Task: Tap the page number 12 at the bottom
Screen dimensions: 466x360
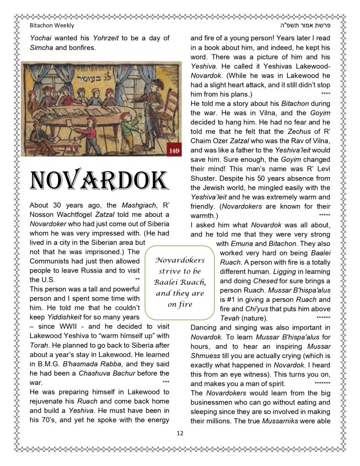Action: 180,433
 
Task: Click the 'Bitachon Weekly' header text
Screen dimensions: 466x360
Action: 52,26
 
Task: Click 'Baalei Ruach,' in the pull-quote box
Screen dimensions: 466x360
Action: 180,282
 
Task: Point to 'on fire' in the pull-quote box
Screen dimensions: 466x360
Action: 180,304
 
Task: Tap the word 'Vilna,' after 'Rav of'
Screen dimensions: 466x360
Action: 321,141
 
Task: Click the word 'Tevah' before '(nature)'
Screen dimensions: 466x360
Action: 228,318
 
